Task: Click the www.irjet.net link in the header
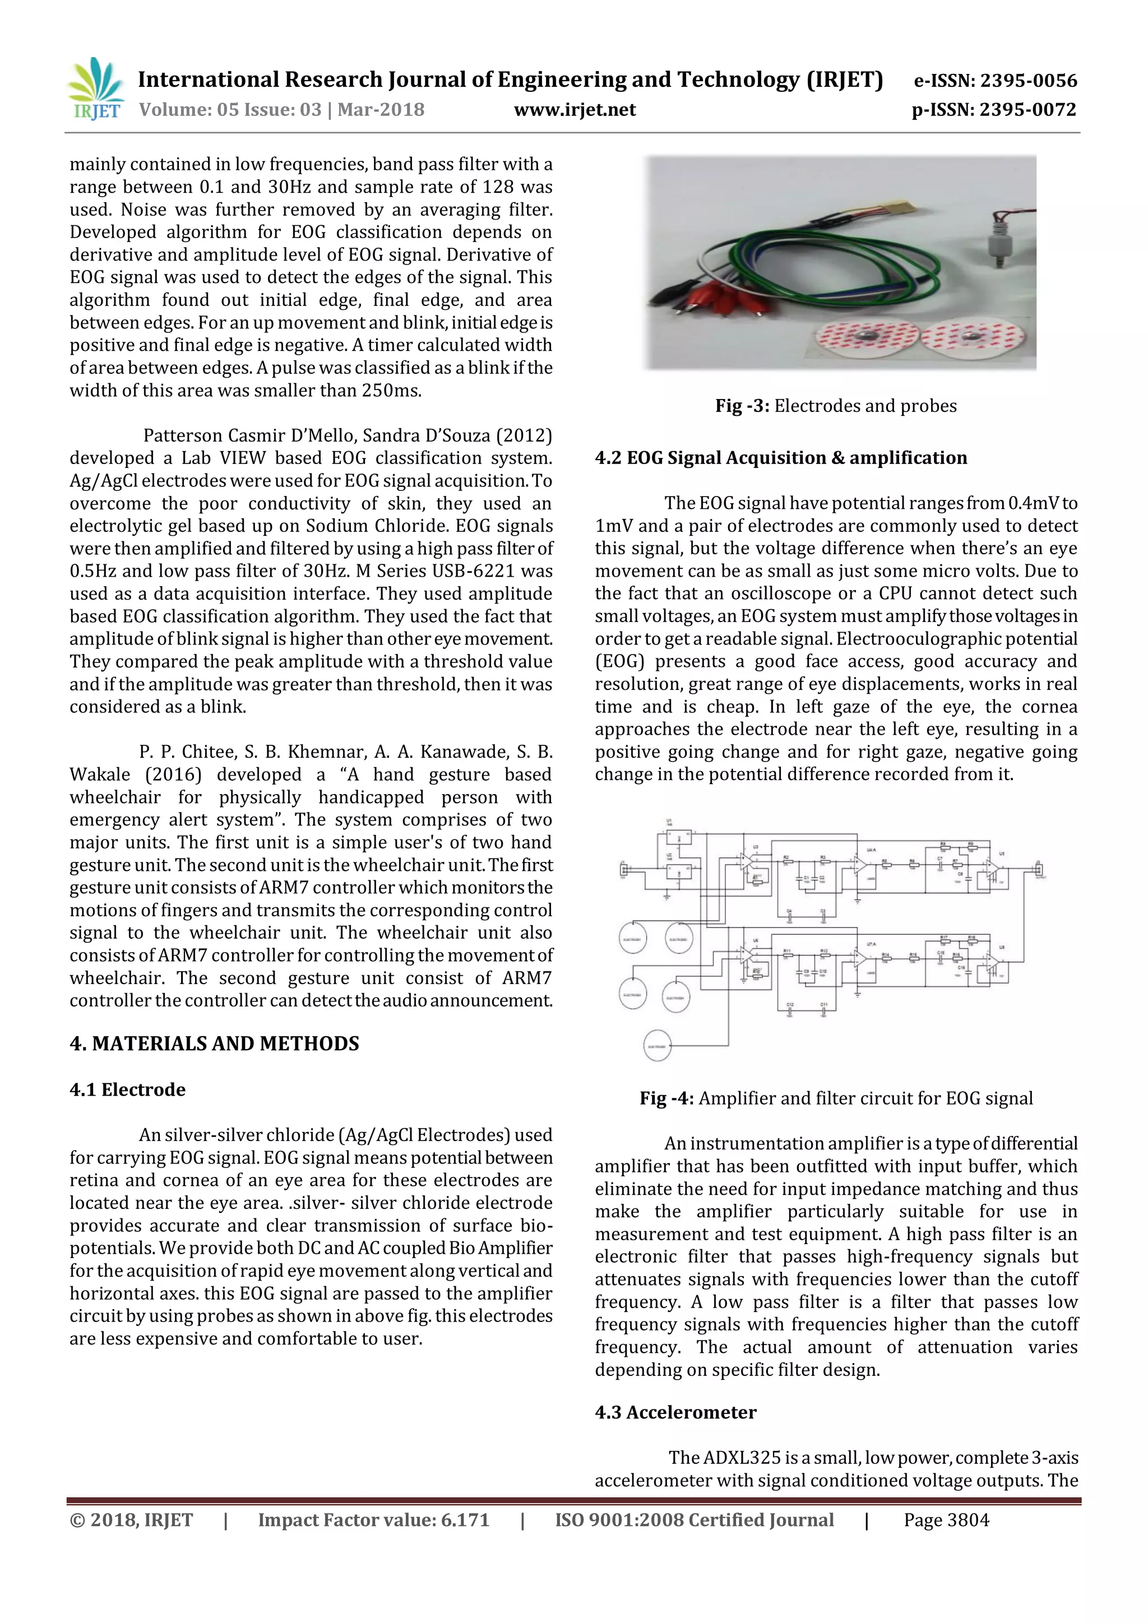pos(575,110)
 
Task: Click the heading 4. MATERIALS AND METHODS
pos(214,1044)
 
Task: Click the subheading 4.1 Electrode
pos(127,1089)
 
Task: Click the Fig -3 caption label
pos(742,406)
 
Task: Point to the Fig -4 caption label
pos(666,1098)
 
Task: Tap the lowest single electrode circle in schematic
pos(657,1045)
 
